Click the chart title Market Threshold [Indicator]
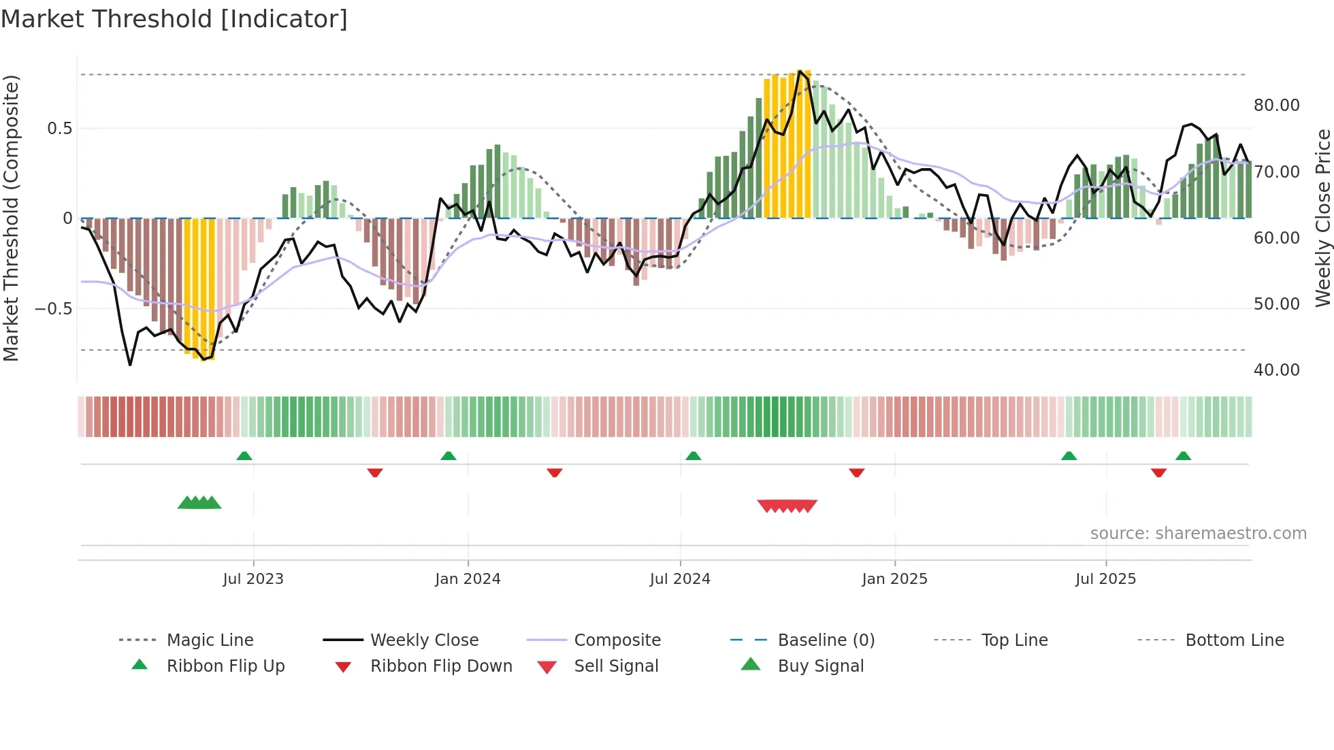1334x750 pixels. [174, 19]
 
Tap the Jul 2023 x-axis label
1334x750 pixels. [253, 579]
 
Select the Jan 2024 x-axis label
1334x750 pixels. [468, 579]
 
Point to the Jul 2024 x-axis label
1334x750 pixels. [680, 579]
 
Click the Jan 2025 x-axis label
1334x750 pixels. [894, 579]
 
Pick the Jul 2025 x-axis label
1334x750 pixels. [1106, 579]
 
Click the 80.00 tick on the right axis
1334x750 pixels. [1276, 105]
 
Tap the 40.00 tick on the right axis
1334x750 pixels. [1276, 370]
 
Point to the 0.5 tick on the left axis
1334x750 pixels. [59, 129]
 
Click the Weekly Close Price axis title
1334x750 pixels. [1322, 218]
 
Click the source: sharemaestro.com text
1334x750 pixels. [1198, 534]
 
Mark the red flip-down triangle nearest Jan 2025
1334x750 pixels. [856, 472]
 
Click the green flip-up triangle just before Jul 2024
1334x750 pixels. [693, 456]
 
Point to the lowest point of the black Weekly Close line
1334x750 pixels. [130, 365]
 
